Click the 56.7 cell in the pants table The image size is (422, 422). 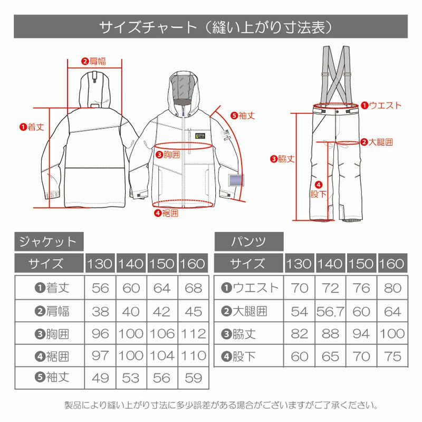330,312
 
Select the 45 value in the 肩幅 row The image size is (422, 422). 193,312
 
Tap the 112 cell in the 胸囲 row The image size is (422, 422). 193,334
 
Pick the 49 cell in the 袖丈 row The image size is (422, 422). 100,378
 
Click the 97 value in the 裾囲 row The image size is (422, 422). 100,356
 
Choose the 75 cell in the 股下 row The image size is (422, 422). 392,357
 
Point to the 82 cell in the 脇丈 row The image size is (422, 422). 299,334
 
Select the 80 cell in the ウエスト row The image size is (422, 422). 392,288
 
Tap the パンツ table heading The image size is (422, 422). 248,242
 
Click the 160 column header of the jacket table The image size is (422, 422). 193,263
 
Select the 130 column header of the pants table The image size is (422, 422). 299,263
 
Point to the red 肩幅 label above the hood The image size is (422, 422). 94,61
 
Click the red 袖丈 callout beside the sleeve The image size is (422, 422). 243,116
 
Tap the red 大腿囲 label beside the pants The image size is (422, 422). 377,142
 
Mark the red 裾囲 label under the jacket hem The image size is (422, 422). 166,213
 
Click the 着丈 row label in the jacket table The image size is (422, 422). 52,288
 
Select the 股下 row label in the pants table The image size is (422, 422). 238,357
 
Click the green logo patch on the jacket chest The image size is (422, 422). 200,136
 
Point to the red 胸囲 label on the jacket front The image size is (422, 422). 168,155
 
